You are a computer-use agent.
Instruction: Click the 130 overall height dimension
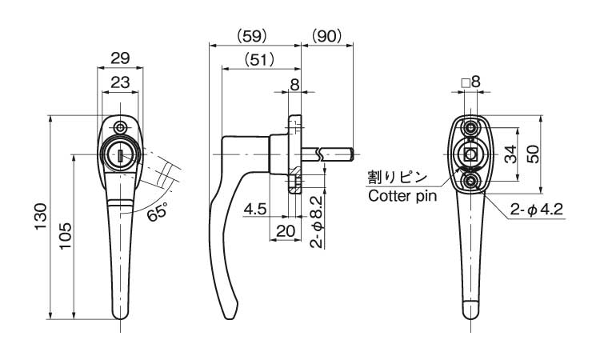click(41, 217)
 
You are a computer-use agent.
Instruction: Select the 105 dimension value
click(66, 236)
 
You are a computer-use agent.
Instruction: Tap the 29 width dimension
click(120, 58)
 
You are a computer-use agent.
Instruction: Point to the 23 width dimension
click(120, 82)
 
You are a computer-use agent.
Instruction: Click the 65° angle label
click(158, 211)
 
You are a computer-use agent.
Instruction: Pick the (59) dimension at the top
click(251, 36)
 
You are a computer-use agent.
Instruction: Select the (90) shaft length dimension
click(326, 36)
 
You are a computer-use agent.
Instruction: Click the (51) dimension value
click(259, 60)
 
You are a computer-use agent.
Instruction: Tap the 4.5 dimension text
click(255, 209)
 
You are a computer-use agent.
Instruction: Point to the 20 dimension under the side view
click(286, 231)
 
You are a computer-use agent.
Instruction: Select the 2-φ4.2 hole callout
click(537, 210)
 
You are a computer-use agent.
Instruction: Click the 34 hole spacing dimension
click(510, 154)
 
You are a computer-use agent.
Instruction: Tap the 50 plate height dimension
click(533, 154)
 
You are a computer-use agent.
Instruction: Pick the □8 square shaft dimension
click(470, 82)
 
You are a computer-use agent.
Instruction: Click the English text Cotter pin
click(402, 196)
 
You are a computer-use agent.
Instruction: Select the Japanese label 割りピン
click(397, 178)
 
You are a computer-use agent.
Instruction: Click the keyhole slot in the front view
click(121, 156)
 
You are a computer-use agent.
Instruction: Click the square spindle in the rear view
click(470, 154)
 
